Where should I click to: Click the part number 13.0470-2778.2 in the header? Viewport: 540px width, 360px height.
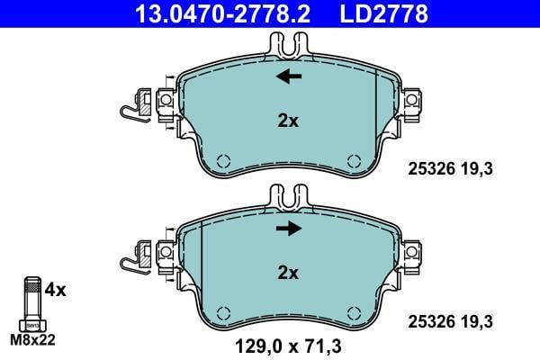click(222, 13)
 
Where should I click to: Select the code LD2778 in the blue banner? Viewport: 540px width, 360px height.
click(384, 13)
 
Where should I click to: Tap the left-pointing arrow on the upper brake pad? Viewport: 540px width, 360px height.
click(289, 76)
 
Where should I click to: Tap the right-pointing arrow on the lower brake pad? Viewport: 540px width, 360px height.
click(289, 228)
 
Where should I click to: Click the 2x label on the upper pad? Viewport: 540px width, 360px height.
click(288, 121)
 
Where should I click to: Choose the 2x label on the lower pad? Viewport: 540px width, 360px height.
click(288, 274)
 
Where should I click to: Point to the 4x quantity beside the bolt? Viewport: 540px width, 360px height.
click(55, 290)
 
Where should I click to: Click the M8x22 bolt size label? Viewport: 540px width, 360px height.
click(32, 340)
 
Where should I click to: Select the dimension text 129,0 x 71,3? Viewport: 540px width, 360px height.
click(288, 346)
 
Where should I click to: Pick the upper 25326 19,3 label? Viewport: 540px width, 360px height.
click(451, 169)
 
